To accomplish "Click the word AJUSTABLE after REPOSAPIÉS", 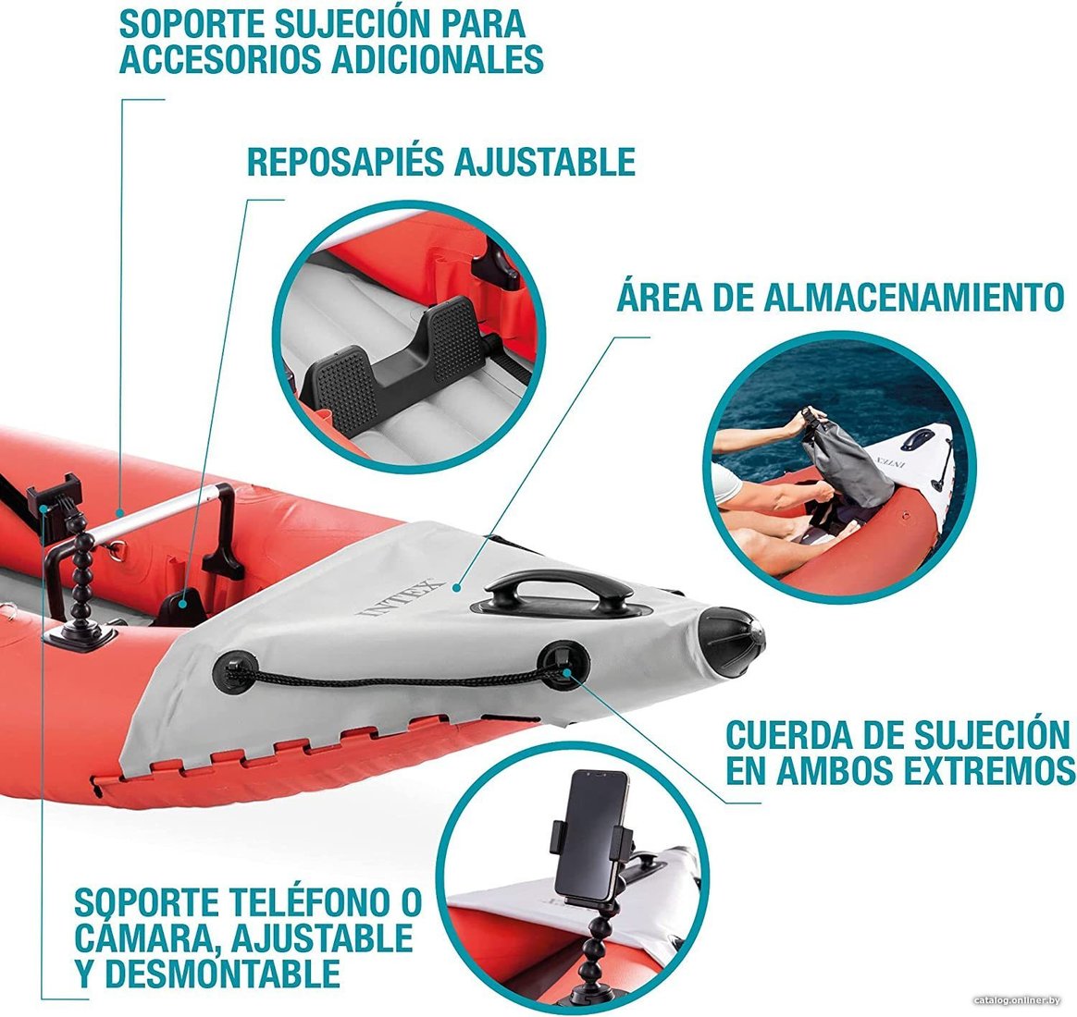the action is tap(543, 162).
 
